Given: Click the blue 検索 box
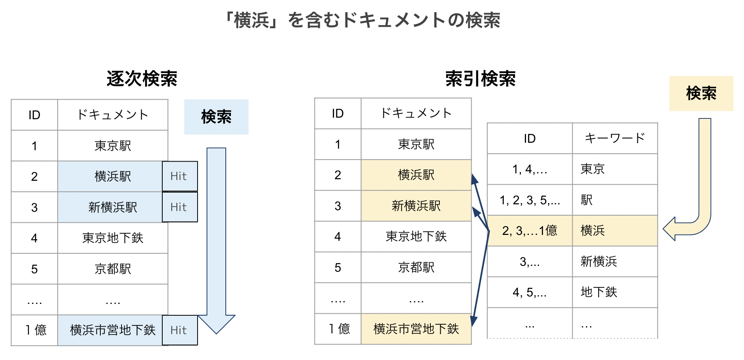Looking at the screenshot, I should (x=216, y=117).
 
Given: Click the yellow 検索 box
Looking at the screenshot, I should (x=701, y=93).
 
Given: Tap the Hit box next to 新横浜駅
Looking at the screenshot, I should (x=180, y=207).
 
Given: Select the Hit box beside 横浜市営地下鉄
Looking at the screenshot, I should (x=180, y=330).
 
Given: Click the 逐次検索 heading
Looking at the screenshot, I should (x=142, y=78).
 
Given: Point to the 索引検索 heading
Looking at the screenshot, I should (x=480, y=78).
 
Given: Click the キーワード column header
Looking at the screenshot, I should (x=615, y=138).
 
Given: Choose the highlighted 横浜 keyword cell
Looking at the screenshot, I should (x=614, y=231).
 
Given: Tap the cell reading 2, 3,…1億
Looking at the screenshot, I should (x=530, y=231).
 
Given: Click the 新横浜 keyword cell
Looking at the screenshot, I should (x=614, y=261).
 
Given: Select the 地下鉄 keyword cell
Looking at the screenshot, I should (x=614, y=292).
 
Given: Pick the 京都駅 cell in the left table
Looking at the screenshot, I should (x=113, y=269).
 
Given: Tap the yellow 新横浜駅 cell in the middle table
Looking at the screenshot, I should (x=416, y=206).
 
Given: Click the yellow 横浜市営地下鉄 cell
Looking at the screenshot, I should (x=416, y=329).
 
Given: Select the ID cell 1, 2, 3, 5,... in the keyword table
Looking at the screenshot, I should (x=530, y=200).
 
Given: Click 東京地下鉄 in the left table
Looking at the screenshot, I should (x=113, y=238).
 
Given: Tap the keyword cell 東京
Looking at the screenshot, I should (x=614, y=169).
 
